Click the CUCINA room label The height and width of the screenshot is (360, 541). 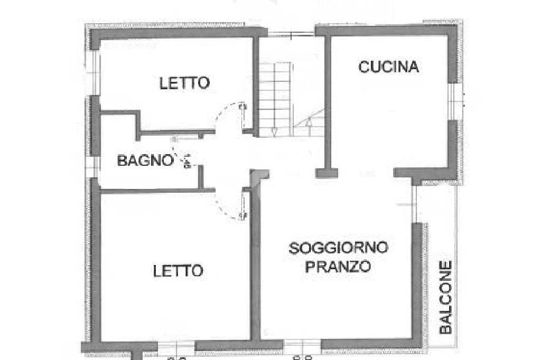388,67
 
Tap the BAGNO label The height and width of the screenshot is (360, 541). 145,160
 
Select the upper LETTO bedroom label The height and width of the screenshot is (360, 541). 185,83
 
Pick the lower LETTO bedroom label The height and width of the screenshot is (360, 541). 178,271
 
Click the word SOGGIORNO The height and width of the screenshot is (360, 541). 338,248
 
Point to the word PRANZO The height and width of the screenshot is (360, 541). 338,267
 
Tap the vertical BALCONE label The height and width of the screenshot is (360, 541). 446,297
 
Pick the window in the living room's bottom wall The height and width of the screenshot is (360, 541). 302,346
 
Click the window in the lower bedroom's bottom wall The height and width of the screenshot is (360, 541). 176,346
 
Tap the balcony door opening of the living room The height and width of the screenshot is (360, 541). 415,203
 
